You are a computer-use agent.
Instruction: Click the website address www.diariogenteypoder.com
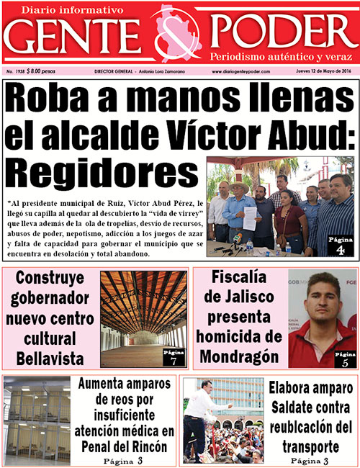coord(245,72)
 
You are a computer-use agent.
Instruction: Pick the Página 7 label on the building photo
coord(174,357)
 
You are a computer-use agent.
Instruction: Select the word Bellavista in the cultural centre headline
coord(49,358)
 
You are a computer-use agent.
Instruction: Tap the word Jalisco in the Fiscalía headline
coord(252,297)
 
